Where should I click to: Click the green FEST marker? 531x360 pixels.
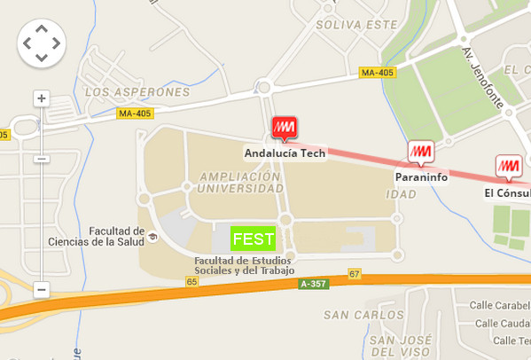click(x=253, y=238)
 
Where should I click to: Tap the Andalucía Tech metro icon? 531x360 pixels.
click(x=285, y=129)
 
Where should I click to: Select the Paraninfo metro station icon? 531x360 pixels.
click(x=420, y=153)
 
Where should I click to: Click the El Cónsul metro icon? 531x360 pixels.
click(x=508, y=167)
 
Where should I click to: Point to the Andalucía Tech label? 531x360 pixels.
click(x=285, y=153)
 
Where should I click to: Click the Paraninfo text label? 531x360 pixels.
click(x=421, y=177)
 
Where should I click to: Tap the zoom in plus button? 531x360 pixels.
click(x=41, y=98)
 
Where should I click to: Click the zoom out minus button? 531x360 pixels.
click(x=41, y=289)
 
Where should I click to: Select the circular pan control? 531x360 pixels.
click(x=41, y=43)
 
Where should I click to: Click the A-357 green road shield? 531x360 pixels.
click(x=314, y=284)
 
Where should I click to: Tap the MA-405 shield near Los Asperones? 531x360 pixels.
click(x=135, y=113)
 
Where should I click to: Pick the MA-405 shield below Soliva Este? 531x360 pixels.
click(x=377, y=73)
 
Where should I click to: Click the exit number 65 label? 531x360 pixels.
click(x=191, y=281)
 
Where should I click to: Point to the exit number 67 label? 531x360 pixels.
click(x=355, y=273)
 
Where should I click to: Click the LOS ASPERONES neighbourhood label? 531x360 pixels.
click(x=137, y=91)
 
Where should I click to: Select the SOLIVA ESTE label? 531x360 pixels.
click(x=363, y=25)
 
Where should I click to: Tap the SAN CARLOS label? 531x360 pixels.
click(x=363, y=315)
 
